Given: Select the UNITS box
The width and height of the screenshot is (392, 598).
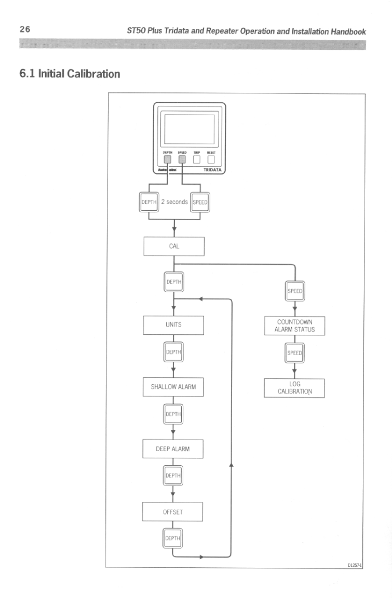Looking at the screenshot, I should [x=173, y=325].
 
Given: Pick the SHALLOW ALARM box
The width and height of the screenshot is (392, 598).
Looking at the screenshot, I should [x=173, y=387].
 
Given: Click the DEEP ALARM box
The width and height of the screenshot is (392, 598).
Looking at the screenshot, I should [x=173, y=449].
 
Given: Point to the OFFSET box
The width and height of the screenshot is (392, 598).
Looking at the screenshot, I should [x=173, y=512].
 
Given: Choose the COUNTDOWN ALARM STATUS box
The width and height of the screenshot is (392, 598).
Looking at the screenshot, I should [x=295, y=325].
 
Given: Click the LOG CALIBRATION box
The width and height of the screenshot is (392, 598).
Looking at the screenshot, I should [x=295, y=387].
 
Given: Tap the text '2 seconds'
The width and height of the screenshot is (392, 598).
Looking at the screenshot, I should [x=173, y=202].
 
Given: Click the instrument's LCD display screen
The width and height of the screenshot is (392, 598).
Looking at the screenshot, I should [x=189, y=129].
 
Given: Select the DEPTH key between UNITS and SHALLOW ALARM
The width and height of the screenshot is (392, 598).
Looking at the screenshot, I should [x=173, y=352].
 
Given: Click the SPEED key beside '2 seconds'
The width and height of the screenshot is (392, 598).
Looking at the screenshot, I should [x=200, y=202].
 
